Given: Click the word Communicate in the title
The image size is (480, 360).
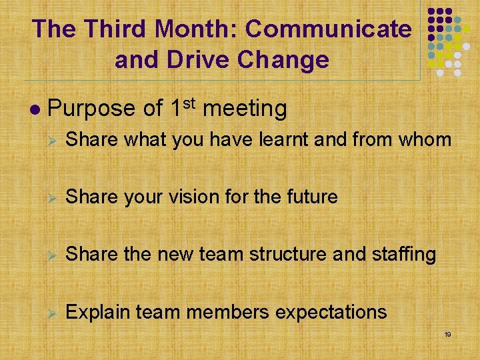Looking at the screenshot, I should click(329, 29).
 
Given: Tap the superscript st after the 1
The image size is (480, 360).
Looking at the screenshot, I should click(190, 102).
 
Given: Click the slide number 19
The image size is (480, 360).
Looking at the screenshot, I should click(447, 334).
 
